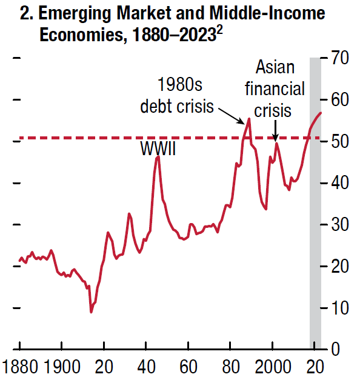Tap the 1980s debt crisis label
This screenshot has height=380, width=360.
coord(177,95)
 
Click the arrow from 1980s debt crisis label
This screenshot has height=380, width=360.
coord(230,113)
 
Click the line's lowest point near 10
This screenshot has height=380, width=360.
coord(91,312)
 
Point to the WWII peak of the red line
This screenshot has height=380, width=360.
coord(158,157)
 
